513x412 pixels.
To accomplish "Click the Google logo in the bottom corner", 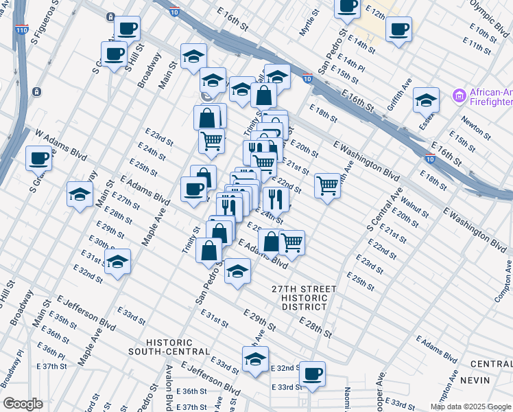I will point(23,404).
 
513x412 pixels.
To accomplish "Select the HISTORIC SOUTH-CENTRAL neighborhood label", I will point(169,347).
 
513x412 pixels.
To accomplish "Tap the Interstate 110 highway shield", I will point(20,30).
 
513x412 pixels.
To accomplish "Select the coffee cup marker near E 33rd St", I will point(312,374).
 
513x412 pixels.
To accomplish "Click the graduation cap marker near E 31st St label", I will point(117,261).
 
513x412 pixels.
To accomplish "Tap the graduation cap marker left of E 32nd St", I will point(255,359).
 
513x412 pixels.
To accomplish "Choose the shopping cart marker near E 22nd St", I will point(328,185).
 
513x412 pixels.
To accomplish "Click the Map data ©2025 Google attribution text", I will point(470,407).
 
